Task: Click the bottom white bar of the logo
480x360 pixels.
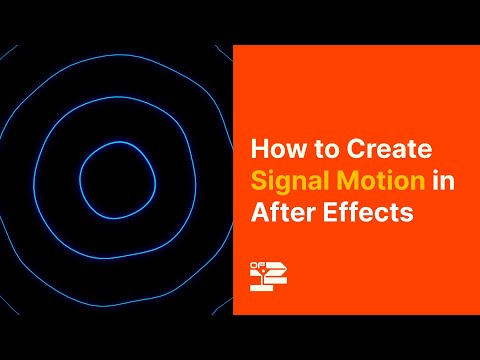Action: click(x=262, y=288)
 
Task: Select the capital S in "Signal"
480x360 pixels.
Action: click(x=258, y=183)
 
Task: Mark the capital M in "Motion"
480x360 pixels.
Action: click(x=338, y=183)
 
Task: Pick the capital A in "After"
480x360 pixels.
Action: click(x=258, y=214)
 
